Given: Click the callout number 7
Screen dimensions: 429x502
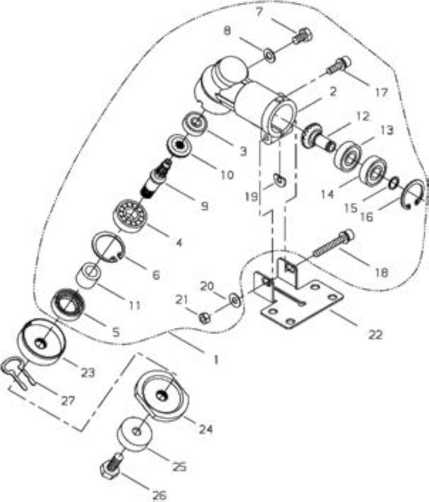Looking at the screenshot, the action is click(x=259, y=12).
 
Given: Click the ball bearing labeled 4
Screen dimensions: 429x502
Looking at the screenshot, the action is click(x=131, y=215).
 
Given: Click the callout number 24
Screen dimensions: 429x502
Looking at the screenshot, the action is click(x=206, y=429).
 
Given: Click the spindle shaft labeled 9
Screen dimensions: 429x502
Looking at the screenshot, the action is click(x=157, y=178).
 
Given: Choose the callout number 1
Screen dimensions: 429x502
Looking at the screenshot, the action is click(x=216, y=359).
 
